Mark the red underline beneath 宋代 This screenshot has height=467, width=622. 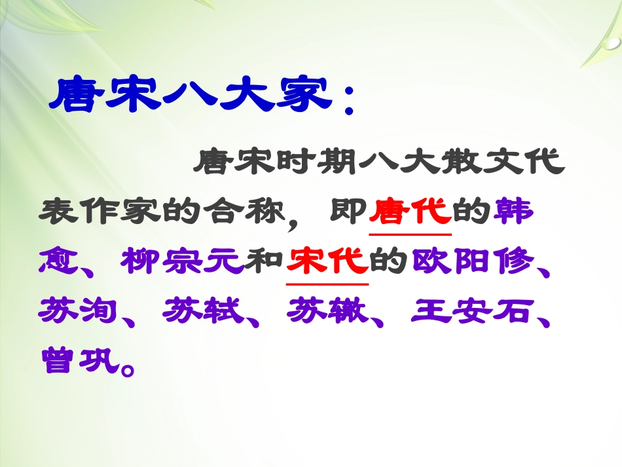pos(328,284)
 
